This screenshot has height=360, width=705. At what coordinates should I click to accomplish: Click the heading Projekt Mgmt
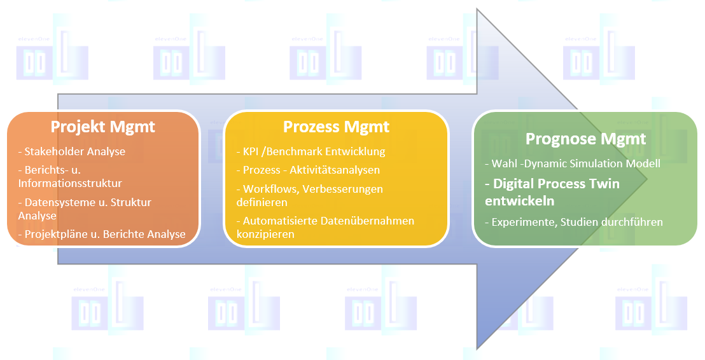click(102, 127)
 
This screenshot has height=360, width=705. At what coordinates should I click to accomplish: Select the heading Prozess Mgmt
click(336, 127)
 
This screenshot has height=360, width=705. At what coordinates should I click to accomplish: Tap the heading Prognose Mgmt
click(585, 139)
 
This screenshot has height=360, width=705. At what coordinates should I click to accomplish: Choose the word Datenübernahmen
click(369, 221)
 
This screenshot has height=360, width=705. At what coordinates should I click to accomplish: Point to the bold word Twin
click(602, 184)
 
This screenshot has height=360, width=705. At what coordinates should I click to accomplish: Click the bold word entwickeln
click(519, 200)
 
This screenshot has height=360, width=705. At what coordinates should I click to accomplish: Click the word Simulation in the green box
click(599, 163)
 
